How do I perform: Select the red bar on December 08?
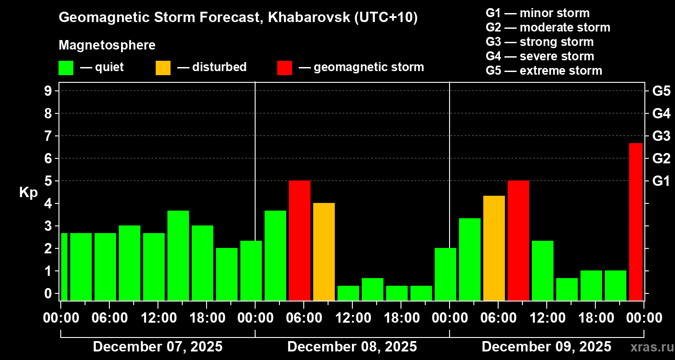pyautogui.click(x=300, y=240)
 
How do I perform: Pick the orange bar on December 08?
pyautogui.click(x=324, y=252)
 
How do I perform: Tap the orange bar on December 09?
pyautogui.click(x=494, y=248)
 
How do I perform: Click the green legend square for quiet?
pyautogui.click(x=66, y=67)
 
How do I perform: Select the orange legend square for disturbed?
pyautogui.click(x=163, y=67)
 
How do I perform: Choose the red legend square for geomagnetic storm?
pyautogui.click(x=284, y=67)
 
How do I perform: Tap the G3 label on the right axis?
pyautogui.click(x=661, y=135)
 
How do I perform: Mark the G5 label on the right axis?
pyautogui.click(x=661, y=91)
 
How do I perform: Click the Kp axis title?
pyautogui.click(x=28, y=193)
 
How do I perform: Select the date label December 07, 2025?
pyautogui.click(x=157, y=347)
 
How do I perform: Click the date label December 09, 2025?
pyautogui.click(x=546, y=347)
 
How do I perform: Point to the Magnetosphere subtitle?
pyautogui.click(x=107, y=45)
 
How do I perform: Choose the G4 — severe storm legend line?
pyautogui.click(x=540, y=56)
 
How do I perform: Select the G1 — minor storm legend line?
pyautogui.click(x=537, y=13)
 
